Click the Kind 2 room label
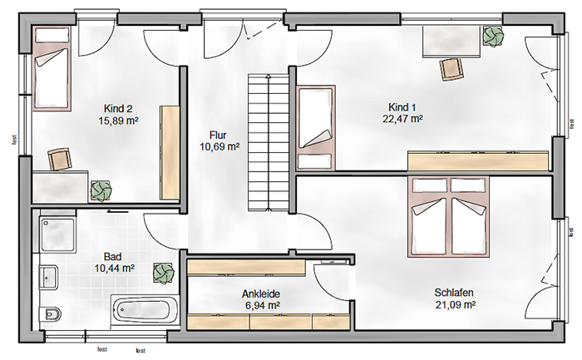(118, 109)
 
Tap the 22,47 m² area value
(402, 119)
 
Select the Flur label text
(218, 135)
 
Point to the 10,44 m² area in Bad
(115, 268)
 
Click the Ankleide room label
(261, 294)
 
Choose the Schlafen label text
(454, 293)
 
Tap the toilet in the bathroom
(51, 314)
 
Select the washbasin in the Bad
(48, 277)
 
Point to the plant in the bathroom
(164, 274)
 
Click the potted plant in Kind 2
(101, 191)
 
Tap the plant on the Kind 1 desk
(493, 37)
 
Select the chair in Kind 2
(59, 160)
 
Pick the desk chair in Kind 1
(451, 69)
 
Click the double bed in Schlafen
(449, 217)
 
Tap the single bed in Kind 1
(315, 128)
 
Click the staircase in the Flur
(269, 142)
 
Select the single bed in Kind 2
(52, 68)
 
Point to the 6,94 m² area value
(261, 305)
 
